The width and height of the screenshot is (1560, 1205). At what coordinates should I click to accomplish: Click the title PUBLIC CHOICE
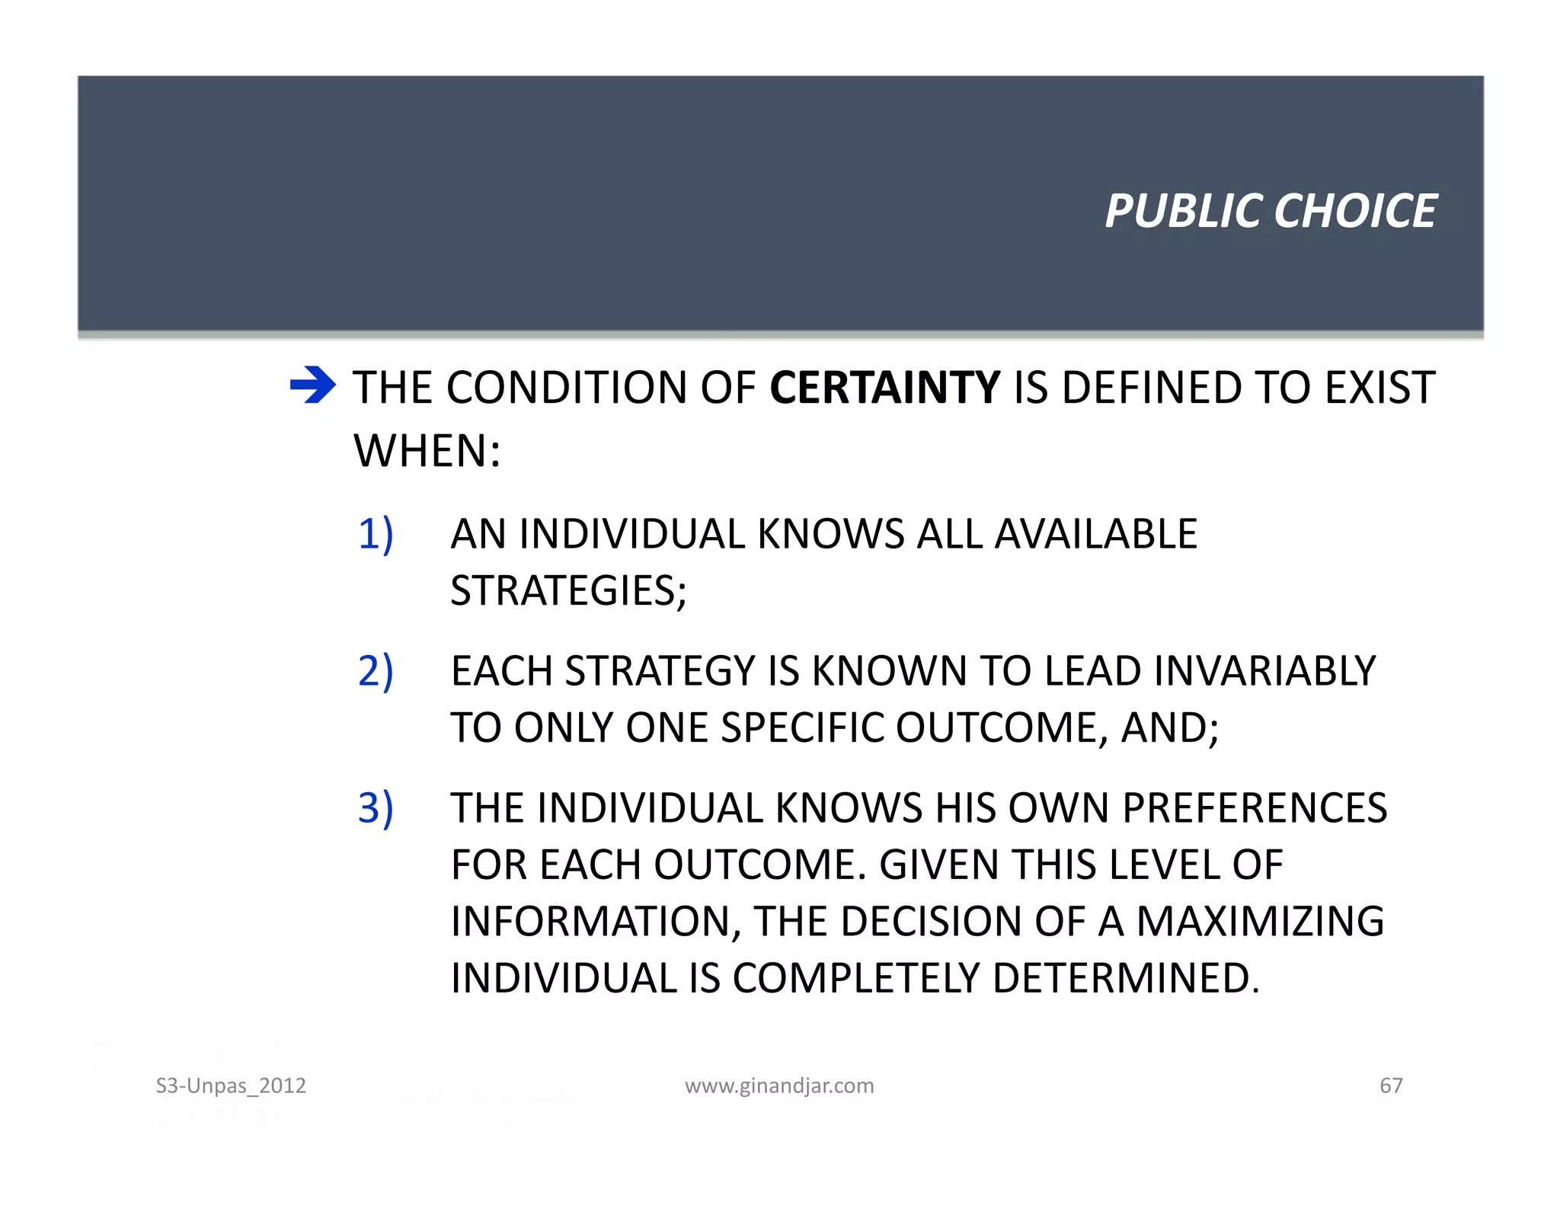[1270, 211]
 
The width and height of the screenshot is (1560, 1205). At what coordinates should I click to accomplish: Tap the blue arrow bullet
[312, 385]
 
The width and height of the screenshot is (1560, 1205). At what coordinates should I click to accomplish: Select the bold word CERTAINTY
[884, 388]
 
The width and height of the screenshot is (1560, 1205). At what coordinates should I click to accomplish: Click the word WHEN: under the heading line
[427, 451]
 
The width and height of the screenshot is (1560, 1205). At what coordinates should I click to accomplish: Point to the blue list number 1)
[376, 534]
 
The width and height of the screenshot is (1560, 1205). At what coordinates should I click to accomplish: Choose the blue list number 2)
[376, 671]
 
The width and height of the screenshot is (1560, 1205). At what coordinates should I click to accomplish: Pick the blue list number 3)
[376, 808]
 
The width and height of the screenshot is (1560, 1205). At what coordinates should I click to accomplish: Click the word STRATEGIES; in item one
[568, 591]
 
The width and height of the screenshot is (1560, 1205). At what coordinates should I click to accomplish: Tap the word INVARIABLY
[1264, 671]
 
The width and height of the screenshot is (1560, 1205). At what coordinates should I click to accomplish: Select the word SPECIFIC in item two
[802, 728]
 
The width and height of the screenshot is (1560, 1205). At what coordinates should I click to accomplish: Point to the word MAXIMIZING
[1260, 922]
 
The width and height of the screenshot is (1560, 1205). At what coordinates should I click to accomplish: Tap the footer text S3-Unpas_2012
[231, 1085]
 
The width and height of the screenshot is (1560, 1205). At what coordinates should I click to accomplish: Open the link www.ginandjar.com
[779, 1085]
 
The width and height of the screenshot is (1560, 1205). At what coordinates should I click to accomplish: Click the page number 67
[1391, 1085]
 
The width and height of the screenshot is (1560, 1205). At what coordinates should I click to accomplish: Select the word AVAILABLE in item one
[1095, 534]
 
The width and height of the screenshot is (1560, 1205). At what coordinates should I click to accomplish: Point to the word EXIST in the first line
[1379, 388]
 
